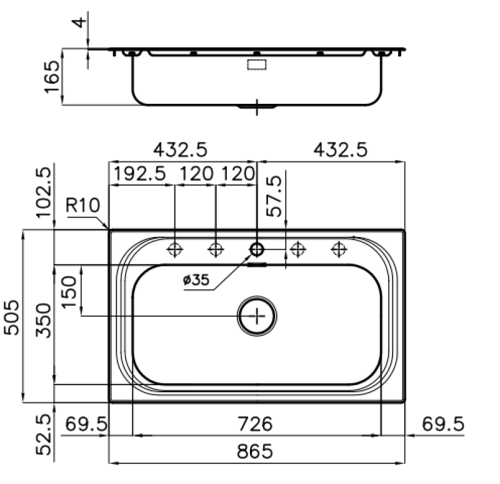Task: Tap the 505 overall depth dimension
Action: (x=13, y=316)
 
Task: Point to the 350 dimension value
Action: (x=43, y=320)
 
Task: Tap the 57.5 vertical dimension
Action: (x=274, y=196)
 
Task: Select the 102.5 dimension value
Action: (x=43, y=191)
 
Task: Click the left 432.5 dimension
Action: (x=181, y=150)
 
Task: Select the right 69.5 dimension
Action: (x=442, y=425)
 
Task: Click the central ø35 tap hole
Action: (x=256, y=250)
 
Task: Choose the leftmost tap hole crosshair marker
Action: (x=175, y=250)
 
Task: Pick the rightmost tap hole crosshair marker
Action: (x=339, y=250)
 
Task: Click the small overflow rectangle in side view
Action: (x=257, y=64)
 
